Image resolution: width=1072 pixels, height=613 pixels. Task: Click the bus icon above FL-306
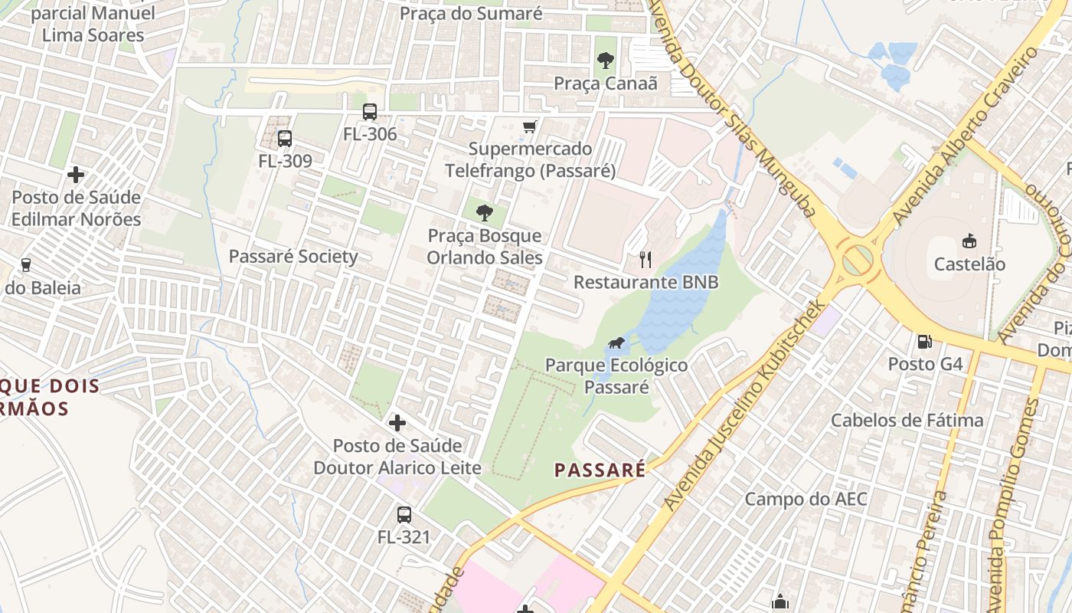point(370,112)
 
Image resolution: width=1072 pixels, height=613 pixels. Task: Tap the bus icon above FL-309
point(285,139)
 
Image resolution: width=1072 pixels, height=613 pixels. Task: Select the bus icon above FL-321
point(404,515)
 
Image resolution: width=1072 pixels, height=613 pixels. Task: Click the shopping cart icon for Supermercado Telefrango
point(529,126)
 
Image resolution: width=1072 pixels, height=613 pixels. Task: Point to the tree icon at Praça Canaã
point(605,61)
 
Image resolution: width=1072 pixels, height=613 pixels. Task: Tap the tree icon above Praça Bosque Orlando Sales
point(484,213)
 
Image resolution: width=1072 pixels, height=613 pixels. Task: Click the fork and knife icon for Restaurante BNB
point(645,260)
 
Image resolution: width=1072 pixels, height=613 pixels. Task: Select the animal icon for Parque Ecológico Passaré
point(616,343)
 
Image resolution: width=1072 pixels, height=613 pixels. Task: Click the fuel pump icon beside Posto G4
point(925,341)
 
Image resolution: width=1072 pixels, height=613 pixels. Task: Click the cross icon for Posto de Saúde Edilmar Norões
point(76,175)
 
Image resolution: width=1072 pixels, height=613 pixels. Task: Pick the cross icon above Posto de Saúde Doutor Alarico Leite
point(397,423)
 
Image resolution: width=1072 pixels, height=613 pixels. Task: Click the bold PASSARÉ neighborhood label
point(600,470)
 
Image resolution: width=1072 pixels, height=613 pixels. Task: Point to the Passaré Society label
point(293,257)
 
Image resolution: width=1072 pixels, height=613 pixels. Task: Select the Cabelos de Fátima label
point(907,420)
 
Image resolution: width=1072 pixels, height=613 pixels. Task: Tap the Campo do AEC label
point(806,500)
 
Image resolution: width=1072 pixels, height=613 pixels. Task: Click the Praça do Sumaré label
point(471,13)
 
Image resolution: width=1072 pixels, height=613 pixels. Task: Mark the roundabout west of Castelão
point(857,260)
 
